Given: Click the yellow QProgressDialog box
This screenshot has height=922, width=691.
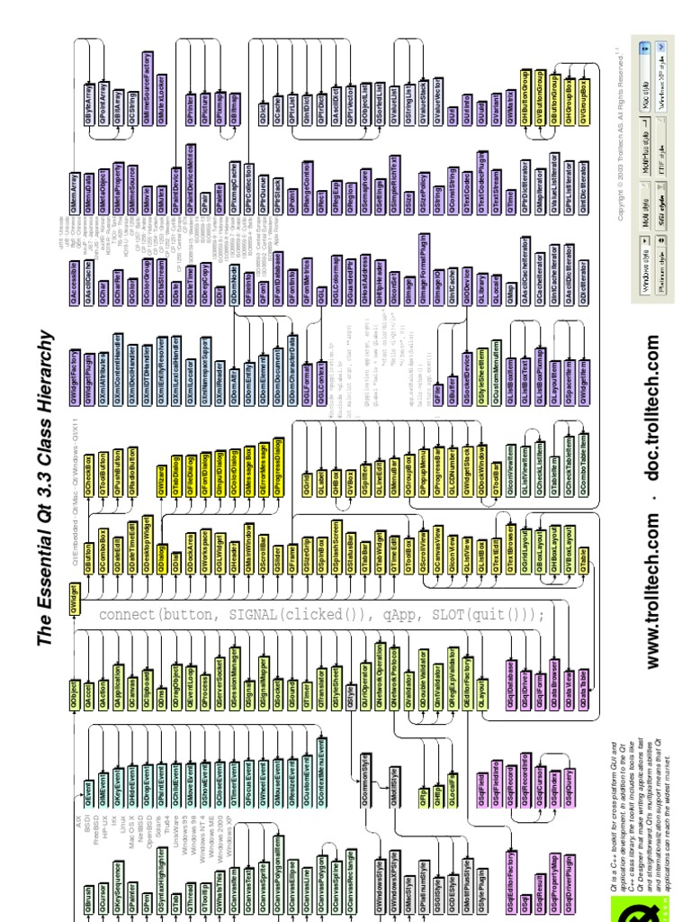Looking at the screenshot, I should [277, 472].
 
